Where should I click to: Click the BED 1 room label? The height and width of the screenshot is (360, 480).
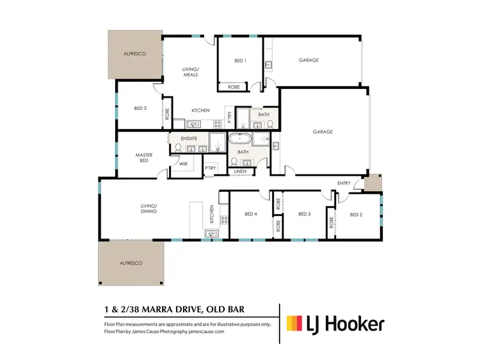coord(240,61)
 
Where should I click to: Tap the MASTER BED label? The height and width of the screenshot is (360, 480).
coord(142,157)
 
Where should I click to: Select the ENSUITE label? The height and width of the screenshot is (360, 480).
coord(189,138)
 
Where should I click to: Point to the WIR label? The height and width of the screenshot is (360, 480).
coord(182,164)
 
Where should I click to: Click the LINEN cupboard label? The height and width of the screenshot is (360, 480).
coord(240,171)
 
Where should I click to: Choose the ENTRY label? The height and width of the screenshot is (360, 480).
coord(344,184)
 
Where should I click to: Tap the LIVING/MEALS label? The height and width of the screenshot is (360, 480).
coord(190,72)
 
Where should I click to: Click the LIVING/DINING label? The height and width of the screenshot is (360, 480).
coord(149,208)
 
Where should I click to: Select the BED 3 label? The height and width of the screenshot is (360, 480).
coord(304,214)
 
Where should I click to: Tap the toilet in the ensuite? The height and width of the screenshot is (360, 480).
coord(177,148)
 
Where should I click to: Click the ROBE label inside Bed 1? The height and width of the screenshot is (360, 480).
coord(234,86)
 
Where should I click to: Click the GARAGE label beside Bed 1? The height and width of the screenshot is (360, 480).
coord(308,61)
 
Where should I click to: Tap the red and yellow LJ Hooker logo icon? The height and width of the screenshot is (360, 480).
coord(294,324)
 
